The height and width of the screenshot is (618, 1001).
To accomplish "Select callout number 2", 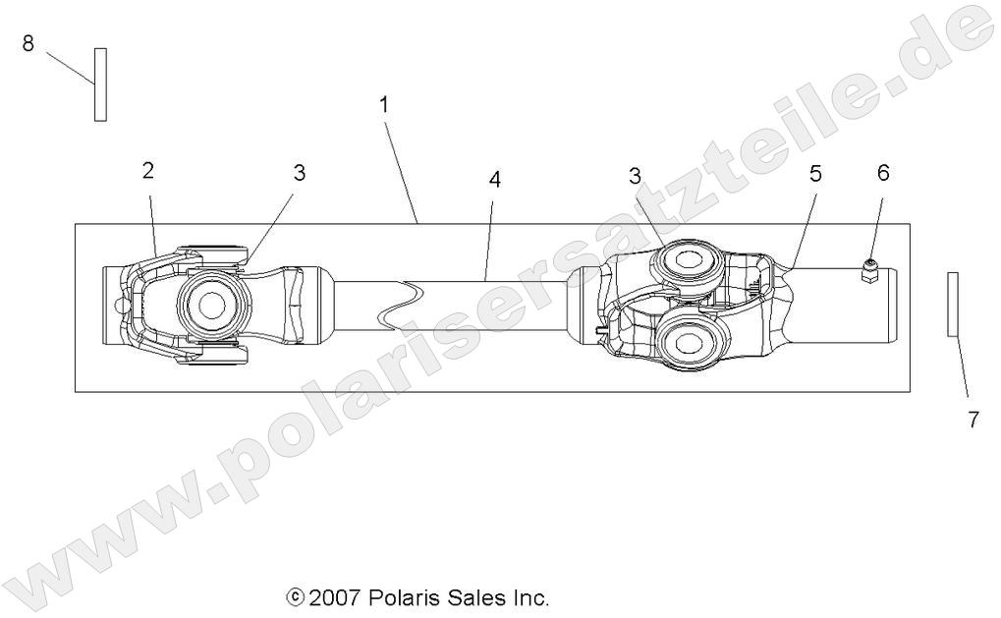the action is coord(148,171).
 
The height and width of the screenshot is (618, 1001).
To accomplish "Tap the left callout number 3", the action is coord(299,173).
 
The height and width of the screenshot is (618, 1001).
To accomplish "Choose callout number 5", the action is coord(815,174).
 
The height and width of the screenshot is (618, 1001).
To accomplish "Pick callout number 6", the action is coord(882,173).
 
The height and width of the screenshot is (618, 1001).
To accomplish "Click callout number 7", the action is coord(973,420).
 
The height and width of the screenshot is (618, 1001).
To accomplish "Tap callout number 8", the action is coord(28,43).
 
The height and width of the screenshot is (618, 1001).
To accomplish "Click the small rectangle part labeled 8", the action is coord(100,84).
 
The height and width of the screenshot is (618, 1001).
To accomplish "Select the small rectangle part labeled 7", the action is coord(952,305).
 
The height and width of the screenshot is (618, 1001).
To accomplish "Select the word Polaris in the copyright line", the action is coord(401,597).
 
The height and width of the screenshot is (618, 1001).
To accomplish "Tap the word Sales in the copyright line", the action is coord(473,597).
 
